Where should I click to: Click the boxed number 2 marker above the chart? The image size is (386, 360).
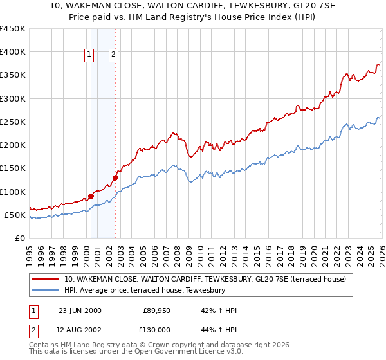click(x=113, y=55)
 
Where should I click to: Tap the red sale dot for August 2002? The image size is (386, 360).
click(x=115, y=177)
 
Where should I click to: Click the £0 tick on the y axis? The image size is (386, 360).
click(x=19, y=238)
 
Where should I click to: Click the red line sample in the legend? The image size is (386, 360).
click(x=44, y=279)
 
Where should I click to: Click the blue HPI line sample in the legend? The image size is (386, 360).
click(x=44, y=290)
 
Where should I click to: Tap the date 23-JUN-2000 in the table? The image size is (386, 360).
click(x=80, y=311)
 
